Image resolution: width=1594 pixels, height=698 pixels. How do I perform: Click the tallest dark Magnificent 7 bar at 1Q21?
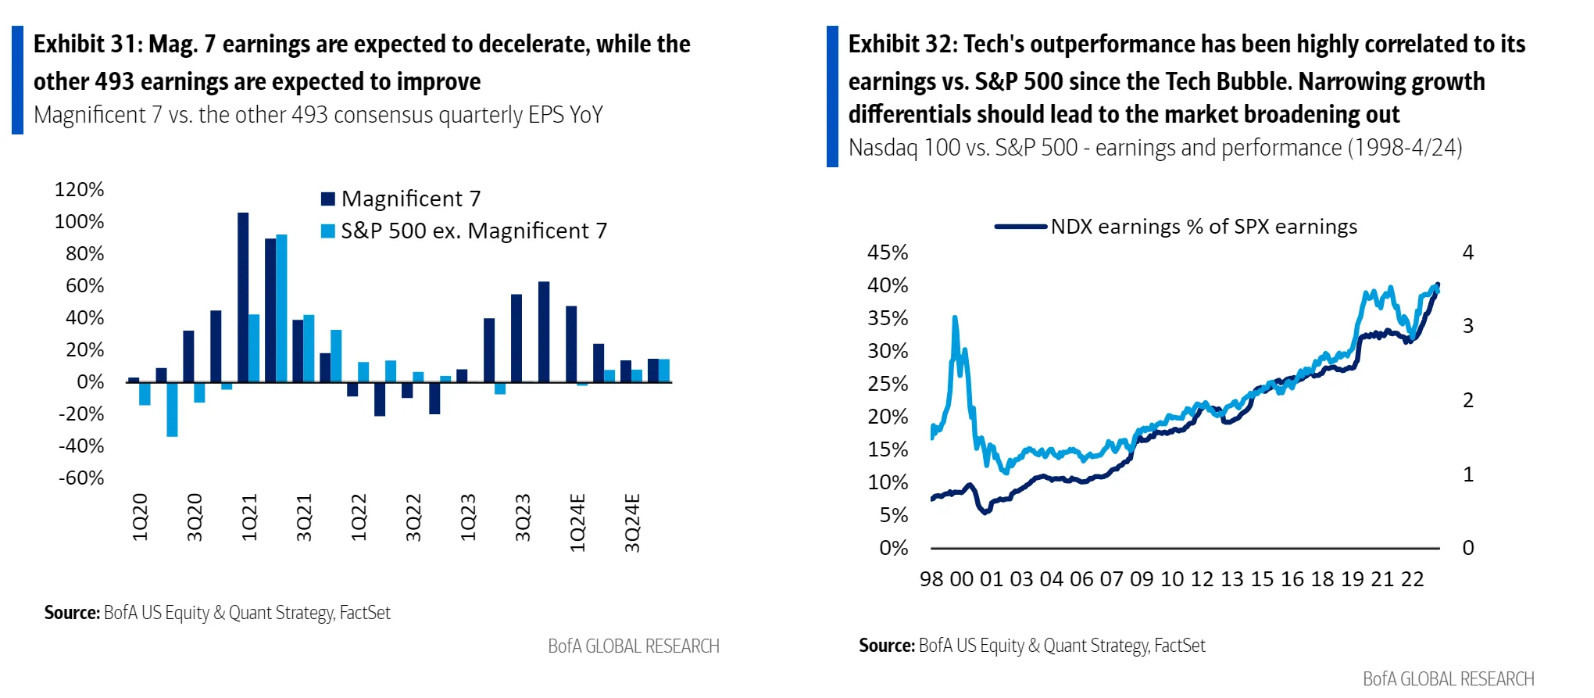pos(243,297)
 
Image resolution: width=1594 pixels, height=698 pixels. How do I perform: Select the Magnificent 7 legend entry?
pos(401,199)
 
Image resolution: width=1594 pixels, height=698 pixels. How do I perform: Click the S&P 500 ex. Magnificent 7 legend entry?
pos(464,231)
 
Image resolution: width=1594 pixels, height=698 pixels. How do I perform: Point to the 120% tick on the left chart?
pos(79,190)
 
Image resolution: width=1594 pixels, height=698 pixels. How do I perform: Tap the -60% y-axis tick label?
pos(81,478)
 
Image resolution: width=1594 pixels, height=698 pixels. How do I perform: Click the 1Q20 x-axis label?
pos(141,517)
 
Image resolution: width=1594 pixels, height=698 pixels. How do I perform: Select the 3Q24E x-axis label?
pos(633,523)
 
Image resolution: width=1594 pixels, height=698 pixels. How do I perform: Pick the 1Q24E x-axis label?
pos(578,523)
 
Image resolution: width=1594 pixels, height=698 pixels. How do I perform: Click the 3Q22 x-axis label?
pos(414,517)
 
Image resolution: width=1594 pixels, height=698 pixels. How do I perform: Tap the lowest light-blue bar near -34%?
pos(172,410)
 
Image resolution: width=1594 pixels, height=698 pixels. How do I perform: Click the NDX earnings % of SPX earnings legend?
pos(1176,227)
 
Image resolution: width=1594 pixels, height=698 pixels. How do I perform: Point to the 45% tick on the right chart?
pos(888,252)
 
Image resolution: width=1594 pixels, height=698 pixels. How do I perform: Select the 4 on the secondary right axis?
pos(1468,252)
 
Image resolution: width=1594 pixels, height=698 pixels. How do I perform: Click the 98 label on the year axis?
pos(931,579)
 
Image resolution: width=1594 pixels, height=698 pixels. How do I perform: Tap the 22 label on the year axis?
pos(1413,579)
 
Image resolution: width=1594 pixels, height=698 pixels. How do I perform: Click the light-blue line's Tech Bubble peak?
pos(955,317)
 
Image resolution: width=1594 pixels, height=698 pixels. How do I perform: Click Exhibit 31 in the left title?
pos(84,45)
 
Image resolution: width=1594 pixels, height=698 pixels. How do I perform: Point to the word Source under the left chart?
pos(72,613)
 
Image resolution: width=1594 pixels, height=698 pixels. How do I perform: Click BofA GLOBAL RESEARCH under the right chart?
pos(1449,678)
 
